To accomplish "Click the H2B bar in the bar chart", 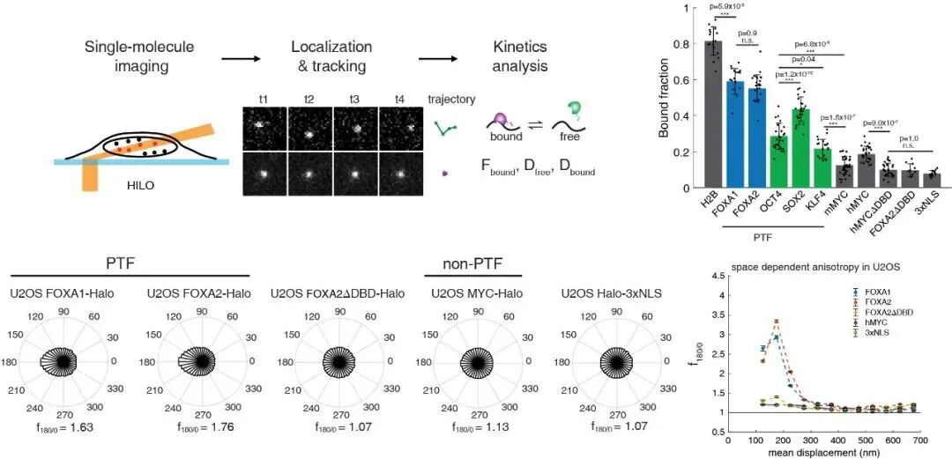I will tap(712, 115).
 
